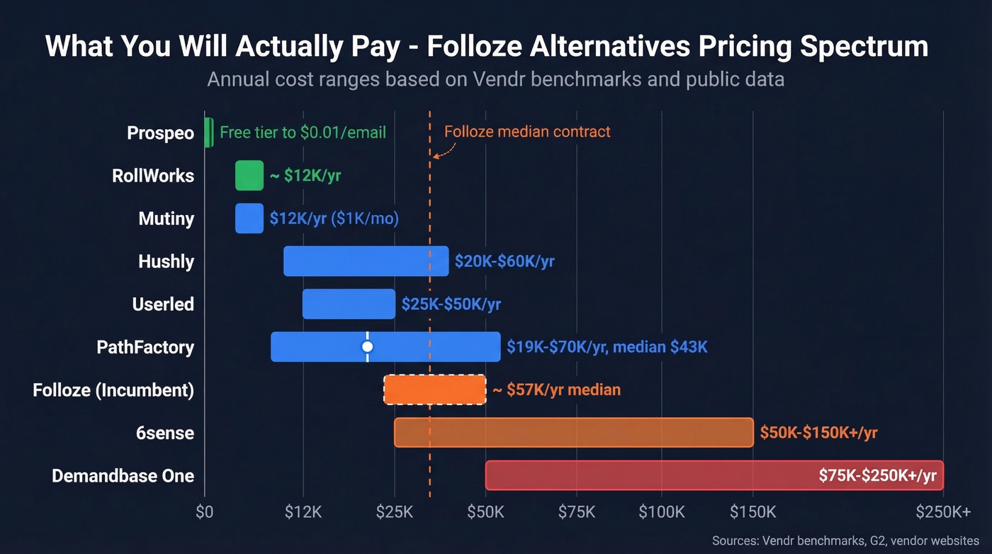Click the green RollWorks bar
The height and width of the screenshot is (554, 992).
[x=249, y=175]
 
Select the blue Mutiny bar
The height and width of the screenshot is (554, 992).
[x=249, y=218]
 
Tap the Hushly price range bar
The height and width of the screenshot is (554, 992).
[x=366, y=261]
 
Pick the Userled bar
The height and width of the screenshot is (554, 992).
[x=349, y=304]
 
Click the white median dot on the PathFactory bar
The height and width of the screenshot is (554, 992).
[x=367, y=347]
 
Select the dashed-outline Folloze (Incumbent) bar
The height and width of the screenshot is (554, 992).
[x=435, y=389]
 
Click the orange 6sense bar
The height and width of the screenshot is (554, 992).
[x=573, y=432]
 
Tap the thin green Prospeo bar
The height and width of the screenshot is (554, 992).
[x=208, y=133]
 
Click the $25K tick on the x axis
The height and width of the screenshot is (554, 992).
[x=394, y=512]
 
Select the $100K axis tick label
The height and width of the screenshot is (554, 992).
[x=662, y=512]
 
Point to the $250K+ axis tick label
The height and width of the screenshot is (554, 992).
[x=943, y=512]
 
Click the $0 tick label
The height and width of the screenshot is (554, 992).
[x=204, y=512]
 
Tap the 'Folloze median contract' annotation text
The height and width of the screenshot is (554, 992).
[x=527, y=131]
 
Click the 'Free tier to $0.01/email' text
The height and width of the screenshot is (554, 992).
[x=303, y=133]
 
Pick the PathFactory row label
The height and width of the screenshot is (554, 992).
[x=145, y=348]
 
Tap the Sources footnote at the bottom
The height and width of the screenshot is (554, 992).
[x=845, y=541]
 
